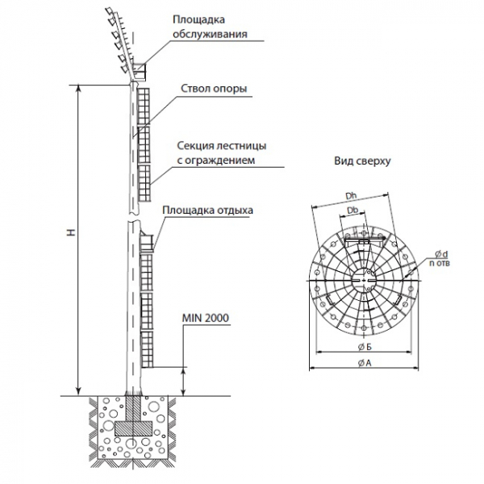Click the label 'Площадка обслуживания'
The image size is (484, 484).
click(x=208, y=27)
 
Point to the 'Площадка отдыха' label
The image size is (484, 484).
click(x=207, y=211)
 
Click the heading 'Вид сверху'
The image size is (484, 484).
click(x=363, y=161)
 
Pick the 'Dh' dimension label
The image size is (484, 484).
click(x=349, y=196)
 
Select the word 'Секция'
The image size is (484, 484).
click(x=194, y=147)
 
